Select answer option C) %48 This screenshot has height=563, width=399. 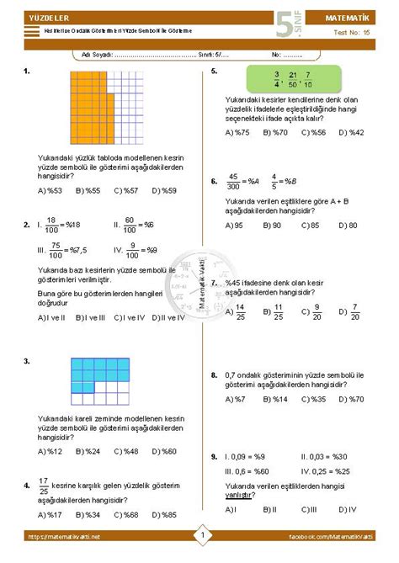[125, 451]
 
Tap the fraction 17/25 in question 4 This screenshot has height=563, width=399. [44, 486]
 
